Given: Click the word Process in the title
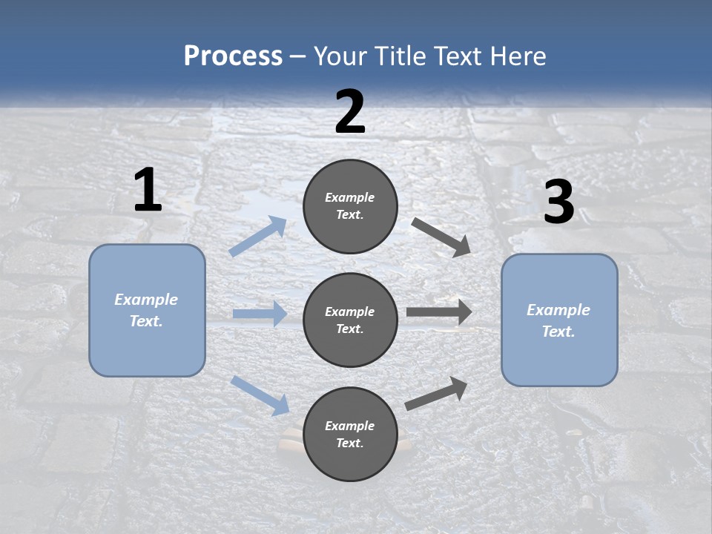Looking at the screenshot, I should point(233,56).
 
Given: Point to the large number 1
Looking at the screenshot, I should point(148,191).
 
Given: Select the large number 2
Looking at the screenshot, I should point(350,113).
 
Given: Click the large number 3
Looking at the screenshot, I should point(558,202).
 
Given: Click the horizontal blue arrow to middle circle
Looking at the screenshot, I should point(260,314).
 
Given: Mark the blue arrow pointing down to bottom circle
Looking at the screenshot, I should point(260,395).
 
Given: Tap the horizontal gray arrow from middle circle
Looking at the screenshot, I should point(439,312).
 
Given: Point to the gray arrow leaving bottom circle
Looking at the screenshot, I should point(436,394).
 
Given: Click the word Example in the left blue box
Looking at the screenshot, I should point(146,300).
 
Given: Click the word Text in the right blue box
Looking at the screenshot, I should point(558,332).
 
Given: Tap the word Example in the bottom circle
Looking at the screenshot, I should point(350,426).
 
